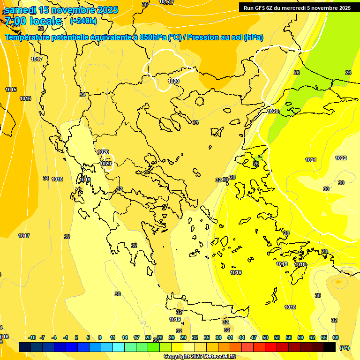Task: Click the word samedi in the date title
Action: pos(20,10)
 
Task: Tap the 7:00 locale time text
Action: pos(33,21)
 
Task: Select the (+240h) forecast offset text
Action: pos(83,21)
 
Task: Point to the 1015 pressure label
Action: pos(11,90)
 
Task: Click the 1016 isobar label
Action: pos(25,98)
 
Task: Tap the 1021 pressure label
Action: pos(311,160)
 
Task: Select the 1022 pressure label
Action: pos(341,158)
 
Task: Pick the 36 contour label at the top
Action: pos(145,4)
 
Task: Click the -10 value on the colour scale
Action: pos(32,337)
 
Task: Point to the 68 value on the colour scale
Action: pos(336,337)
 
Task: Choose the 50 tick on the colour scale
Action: pos(265,337)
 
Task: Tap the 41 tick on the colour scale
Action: pos(230,337)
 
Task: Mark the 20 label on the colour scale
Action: pos(148,337)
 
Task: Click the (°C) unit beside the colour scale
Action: pos(344,348)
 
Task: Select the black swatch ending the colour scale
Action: pos(330,347)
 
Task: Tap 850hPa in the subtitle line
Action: pos(153,37)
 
